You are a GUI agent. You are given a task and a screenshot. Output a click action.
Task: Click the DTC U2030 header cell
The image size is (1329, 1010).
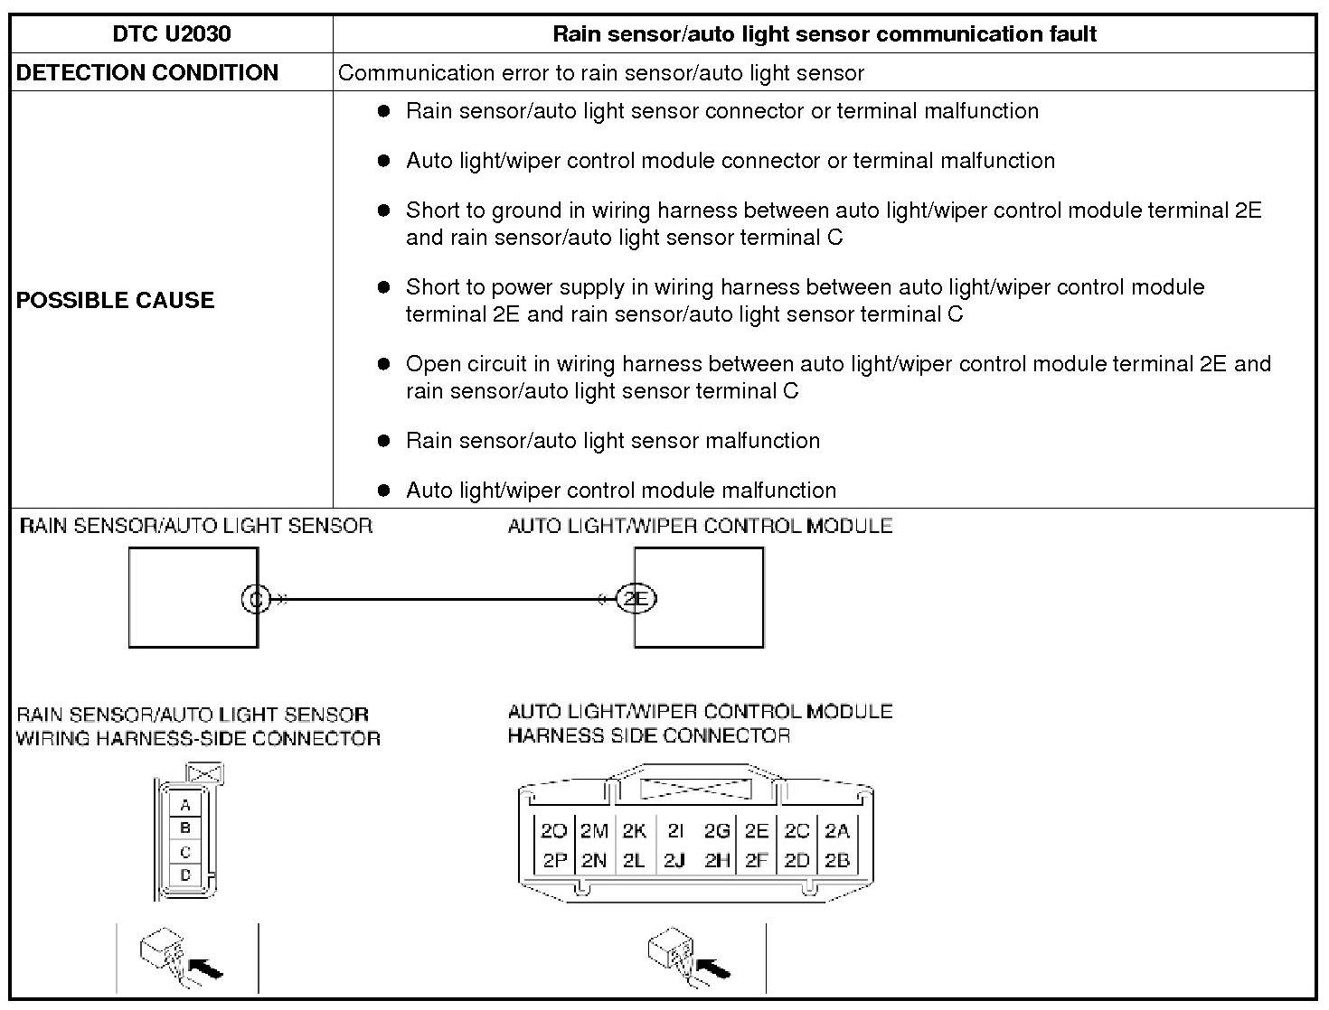172,34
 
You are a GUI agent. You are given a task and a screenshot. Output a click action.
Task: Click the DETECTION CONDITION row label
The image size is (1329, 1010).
147,73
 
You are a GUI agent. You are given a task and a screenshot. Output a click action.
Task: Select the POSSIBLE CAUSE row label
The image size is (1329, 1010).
116,300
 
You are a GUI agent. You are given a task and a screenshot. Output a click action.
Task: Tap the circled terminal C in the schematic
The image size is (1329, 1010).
256,598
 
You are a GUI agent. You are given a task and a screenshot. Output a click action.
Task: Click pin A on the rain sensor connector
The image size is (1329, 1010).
185,805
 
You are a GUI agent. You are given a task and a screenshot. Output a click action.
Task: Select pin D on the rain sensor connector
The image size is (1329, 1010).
185,874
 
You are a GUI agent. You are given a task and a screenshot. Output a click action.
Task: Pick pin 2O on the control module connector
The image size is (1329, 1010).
553,831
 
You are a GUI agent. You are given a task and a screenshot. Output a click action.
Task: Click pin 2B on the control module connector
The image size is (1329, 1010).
837,860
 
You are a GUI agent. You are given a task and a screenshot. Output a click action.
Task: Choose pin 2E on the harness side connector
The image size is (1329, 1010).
757,831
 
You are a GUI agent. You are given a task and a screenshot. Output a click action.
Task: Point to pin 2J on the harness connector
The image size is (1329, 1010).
674,860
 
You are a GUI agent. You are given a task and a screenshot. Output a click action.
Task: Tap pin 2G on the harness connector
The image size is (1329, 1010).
717,831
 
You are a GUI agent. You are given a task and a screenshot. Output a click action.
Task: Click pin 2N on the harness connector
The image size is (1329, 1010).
594,860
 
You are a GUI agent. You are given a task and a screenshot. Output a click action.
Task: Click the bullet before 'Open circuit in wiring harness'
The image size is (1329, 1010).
384,364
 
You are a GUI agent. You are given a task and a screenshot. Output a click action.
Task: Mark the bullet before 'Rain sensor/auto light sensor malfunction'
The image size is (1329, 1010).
384,441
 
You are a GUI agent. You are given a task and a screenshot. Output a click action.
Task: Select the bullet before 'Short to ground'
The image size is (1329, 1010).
384,210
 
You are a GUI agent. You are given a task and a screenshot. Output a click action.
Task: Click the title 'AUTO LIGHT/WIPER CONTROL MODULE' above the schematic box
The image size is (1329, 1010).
700,526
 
